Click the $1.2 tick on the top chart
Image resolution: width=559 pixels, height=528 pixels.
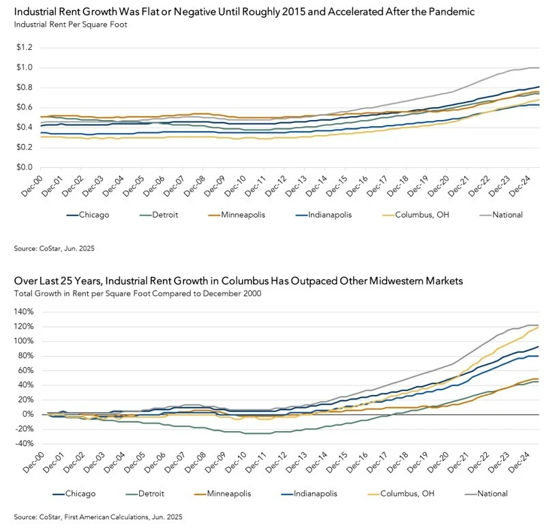tap(26, 47)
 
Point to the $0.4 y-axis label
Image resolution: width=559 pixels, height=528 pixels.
tap(26, 127)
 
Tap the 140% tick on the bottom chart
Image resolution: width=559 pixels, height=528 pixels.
tap(25, 310)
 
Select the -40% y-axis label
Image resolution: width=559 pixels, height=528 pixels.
tap(25, 443)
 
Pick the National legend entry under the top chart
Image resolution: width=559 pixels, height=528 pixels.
tap(507, 215)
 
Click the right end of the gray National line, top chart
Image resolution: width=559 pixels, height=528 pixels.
tap(539, 68)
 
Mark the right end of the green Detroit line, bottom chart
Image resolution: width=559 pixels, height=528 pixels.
tap(539, 381)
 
